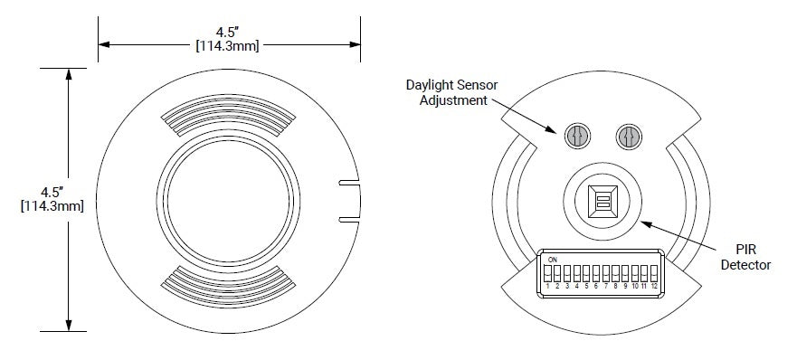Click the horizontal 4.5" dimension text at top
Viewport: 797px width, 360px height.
(227, 30)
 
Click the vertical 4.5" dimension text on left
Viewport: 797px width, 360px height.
(52, 192)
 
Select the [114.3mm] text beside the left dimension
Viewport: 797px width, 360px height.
(52, 207)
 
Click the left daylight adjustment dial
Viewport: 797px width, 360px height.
(576, 137)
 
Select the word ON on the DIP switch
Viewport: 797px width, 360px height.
(552, 259)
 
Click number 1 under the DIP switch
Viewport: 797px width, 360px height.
(548, 286)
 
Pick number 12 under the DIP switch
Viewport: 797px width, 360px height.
(653, 286)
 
